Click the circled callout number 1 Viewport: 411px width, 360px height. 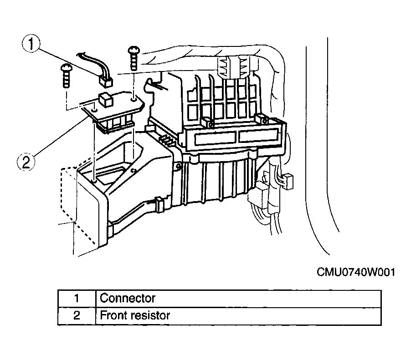31,44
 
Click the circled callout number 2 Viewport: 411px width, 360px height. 26,162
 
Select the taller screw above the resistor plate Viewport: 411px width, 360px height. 134,58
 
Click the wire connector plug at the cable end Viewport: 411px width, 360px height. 106,81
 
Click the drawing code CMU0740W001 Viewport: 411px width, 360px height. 356,272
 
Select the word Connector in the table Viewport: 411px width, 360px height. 128,298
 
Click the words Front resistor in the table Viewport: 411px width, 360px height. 135,315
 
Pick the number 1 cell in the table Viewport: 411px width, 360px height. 77,299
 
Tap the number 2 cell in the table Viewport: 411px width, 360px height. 77,316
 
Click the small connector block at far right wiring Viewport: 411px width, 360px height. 288,181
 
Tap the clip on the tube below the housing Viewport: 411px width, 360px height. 159,204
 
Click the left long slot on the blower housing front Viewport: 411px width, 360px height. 216,138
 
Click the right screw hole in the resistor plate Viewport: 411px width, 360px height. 134,99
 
